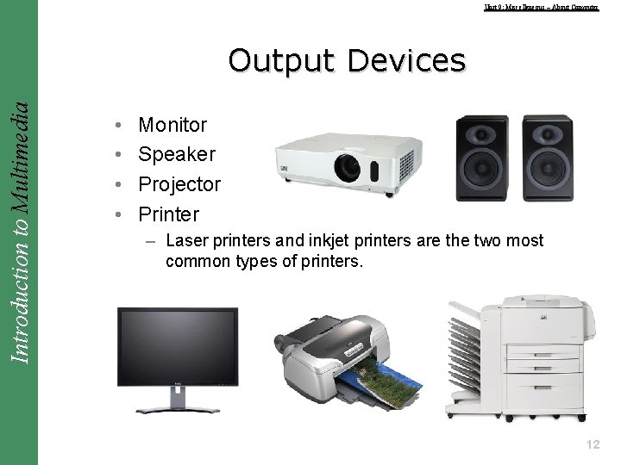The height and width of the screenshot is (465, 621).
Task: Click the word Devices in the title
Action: (x=406, y=60)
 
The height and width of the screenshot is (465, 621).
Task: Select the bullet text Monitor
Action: (x=172, y=125)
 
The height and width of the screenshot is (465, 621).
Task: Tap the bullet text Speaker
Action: (x=177, y=154)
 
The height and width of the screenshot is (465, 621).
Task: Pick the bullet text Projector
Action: (x=179, y=184)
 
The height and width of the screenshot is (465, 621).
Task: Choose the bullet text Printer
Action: (x=169, y=214)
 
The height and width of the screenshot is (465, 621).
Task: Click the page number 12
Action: (x=592, y=444)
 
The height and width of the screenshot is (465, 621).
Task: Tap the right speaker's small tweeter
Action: (x=548, y=134)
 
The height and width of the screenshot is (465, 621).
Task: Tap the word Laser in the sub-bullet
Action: (x=186, y=240)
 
